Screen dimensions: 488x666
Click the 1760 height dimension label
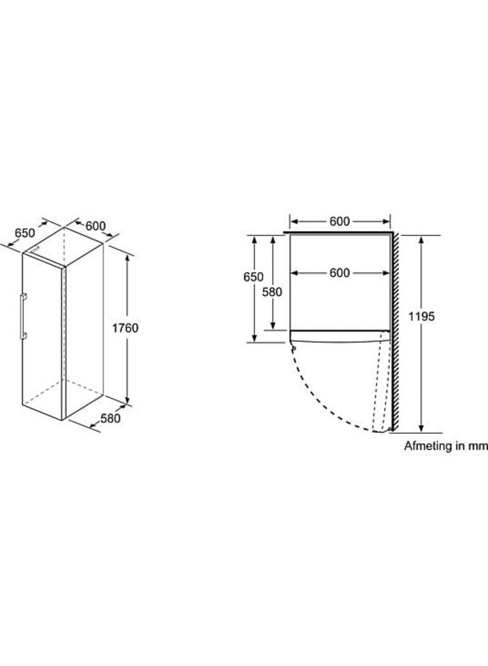coord(125,328)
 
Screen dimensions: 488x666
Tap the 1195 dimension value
coord(421,316)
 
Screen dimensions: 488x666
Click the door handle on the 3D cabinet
coord(23,316)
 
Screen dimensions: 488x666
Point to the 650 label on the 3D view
coord(25,233)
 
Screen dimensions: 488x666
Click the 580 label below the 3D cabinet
coord(110,418)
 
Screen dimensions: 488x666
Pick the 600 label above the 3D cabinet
coord(95,226)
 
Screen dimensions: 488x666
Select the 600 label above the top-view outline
coord(339,221)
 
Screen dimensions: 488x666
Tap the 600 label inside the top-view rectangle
coord(339,272)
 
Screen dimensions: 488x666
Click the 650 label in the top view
coord(254,277)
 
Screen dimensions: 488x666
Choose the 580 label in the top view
coord(272,292)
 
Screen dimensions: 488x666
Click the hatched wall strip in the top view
coord(395,332)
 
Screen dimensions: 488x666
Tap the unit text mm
coord(478,446)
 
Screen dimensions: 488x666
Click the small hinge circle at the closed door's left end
coord(294,349)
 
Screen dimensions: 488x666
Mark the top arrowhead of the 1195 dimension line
coord(421,240)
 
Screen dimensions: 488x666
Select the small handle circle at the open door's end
coord(389,429)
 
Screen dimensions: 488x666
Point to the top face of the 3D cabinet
coord(64,246)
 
